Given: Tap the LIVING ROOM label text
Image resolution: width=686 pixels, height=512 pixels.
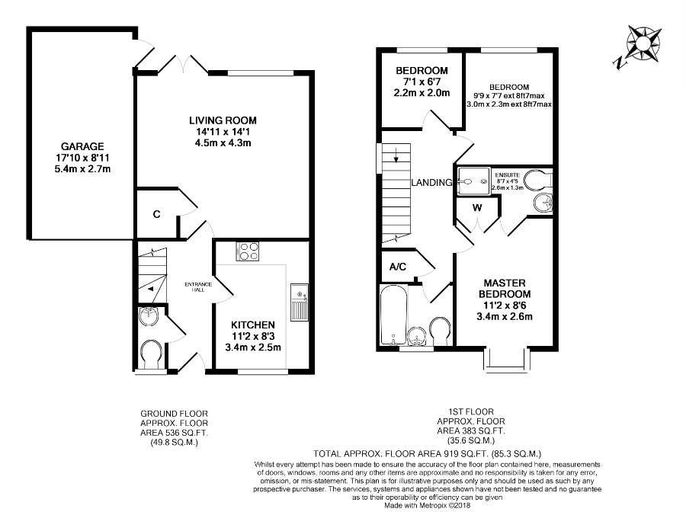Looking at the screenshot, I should click(223, 120).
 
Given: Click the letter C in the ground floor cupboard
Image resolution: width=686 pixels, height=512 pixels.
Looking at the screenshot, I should click(155, 215).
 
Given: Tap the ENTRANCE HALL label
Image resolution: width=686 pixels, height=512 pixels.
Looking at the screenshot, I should click(197, 288).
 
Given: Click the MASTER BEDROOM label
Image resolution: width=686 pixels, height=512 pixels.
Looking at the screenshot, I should click(504, 287).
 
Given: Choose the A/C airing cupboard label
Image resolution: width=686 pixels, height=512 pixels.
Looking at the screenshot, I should click(397, 267).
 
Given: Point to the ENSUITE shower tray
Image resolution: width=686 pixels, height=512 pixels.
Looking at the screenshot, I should click(473, 182).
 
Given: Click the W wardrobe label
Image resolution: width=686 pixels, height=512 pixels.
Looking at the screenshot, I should click(477, 207).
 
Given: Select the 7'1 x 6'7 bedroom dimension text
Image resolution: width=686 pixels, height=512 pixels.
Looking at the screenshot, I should click(422, 82).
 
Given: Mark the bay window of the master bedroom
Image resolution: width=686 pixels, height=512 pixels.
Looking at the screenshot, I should click(505, 358).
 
